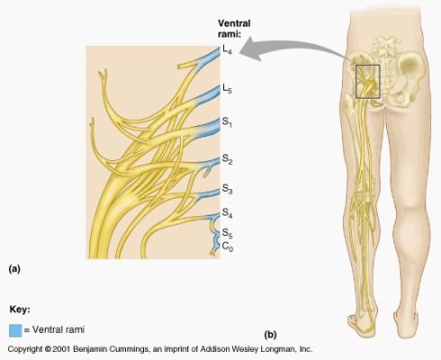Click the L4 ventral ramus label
coord(227,49)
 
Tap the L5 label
coord(227,89)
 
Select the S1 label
coord(227,122)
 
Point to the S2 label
coord(227,159)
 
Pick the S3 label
coord(227,189)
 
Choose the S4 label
coord(227,213)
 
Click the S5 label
coord(227,233)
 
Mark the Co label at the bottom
coord(227,247)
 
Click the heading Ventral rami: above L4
coord(234,29)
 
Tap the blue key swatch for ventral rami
coord(15,330)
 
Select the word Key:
coord(20,310)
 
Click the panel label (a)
coord(14,269)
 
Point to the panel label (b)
coord(270,335)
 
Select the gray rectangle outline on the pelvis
coord(355,82)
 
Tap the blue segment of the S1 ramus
coord(209,129)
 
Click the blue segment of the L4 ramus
coord(209,58)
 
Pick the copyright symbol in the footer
coord(48,349)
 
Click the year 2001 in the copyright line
coord(61,349)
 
